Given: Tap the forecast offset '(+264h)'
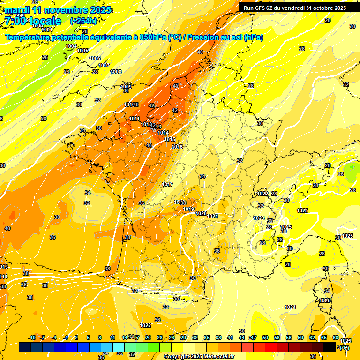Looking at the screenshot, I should click(x=83, y=21).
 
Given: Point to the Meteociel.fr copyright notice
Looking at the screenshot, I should click(x=199, y=356).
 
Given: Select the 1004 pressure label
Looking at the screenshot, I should click(x=71, y=46).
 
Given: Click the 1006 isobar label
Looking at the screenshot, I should click(x=95, y=58).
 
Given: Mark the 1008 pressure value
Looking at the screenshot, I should click(x=116, y=72).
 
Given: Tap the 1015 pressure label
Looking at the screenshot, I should click(x=170, y=139).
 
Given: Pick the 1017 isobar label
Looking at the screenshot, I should click(x=168, y=184).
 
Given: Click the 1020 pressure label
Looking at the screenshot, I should click(x=201, y=213).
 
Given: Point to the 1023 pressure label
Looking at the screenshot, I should click(x=259, y=218).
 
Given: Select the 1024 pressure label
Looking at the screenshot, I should click(x=290, y=307).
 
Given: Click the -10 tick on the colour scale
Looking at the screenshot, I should click(x=32, y=337).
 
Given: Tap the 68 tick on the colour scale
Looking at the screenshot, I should click(x=336, y=337).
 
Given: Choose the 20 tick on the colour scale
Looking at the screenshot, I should click(x=148, y=337).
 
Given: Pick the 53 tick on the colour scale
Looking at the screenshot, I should click(x=277, y=337).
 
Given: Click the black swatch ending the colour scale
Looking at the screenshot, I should click(x=330, y=347).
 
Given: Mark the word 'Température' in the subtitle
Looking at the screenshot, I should click(x=28, y=37).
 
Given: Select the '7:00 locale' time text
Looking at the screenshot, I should click(x=33, y=22).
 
